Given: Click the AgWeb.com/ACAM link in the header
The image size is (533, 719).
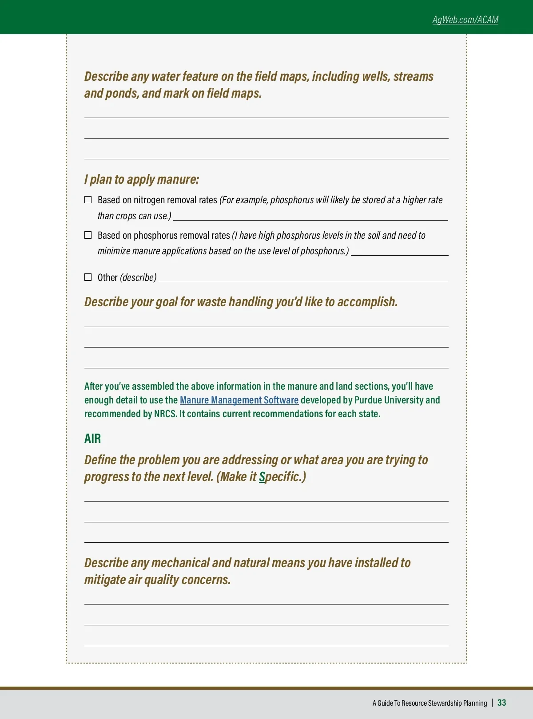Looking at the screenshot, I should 465,20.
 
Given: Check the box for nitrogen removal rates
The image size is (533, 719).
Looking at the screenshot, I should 88,200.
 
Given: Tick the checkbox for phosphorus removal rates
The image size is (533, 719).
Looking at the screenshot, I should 88,235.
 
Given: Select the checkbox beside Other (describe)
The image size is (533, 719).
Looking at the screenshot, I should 88,277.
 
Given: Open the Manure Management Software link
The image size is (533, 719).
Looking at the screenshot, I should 239,400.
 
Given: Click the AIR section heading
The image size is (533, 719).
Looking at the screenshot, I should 92,439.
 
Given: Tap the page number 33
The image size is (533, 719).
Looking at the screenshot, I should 501,703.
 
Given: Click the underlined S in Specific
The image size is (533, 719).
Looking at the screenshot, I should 262,477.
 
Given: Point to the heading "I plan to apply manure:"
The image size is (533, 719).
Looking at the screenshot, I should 141,179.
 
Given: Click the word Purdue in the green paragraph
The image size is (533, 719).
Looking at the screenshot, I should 368,400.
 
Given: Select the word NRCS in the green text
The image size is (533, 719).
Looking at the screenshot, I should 165,414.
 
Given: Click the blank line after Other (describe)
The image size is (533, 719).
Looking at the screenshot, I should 303,281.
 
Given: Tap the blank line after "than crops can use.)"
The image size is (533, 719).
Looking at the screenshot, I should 310,220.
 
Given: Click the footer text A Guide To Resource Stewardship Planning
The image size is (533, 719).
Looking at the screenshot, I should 430,703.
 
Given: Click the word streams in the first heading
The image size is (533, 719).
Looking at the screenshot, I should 413,76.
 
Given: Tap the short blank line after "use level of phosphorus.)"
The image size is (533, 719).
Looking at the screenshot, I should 399,255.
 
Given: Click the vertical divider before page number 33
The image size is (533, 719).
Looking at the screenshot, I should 493,703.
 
